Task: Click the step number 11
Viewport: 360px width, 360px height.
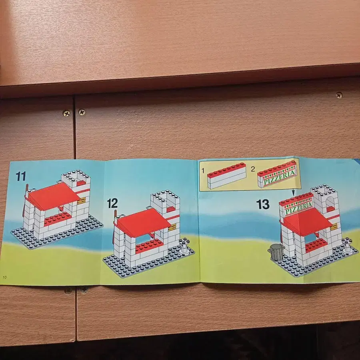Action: [x=21, y=176]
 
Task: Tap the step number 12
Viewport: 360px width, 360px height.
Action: [x=112, y=204]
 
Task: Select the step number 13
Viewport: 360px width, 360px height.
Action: [x=263, y=204]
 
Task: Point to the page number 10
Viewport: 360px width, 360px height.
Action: [x=4, y=277]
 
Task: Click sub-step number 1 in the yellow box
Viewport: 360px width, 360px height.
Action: [x=203, y=170]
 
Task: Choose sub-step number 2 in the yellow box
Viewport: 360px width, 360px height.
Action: [x=253, y=169]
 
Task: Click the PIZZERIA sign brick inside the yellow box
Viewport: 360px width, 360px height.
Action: [x=277, y=174]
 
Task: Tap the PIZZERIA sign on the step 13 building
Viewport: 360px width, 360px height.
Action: [x=297, y=206]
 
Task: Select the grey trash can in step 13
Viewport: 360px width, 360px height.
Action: [x=276, y=252]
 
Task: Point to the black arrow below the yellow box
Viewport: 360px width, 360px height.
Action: [x=293, y=192]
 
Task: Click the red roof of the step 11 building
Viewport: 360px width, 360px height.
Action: [x=53, y=196]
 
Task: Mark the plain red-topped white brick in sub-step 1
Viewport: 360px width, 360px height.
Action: [x=227, y=176]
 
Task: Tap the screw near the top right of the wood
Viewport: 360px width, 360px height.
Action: [x=339, y=95]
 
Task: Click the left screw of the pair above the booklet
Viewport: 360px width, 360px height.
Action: [x=66, y=113]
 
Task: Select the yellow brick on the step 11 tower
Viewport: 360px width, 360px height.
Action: [x=81, y=201]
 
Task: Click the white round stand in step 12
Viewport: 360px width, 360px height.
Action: [x=184, y=246]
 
